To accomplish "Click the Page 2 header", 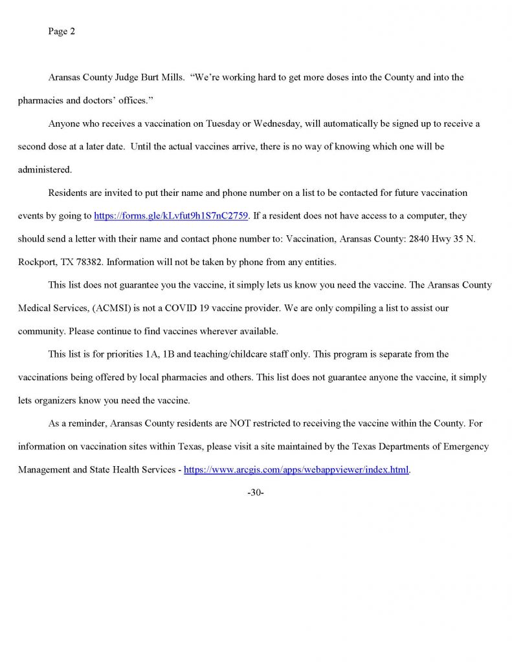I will coord(61,31).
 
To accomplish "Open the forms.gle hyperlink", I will coord(171,216).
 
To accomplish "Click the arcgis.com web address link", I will coord(296,470).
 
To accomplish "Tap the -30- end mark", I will coord(256,493).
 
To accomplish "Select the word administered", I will coord(44,170).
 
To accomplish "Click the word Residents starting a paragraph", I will coord(68,193).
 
